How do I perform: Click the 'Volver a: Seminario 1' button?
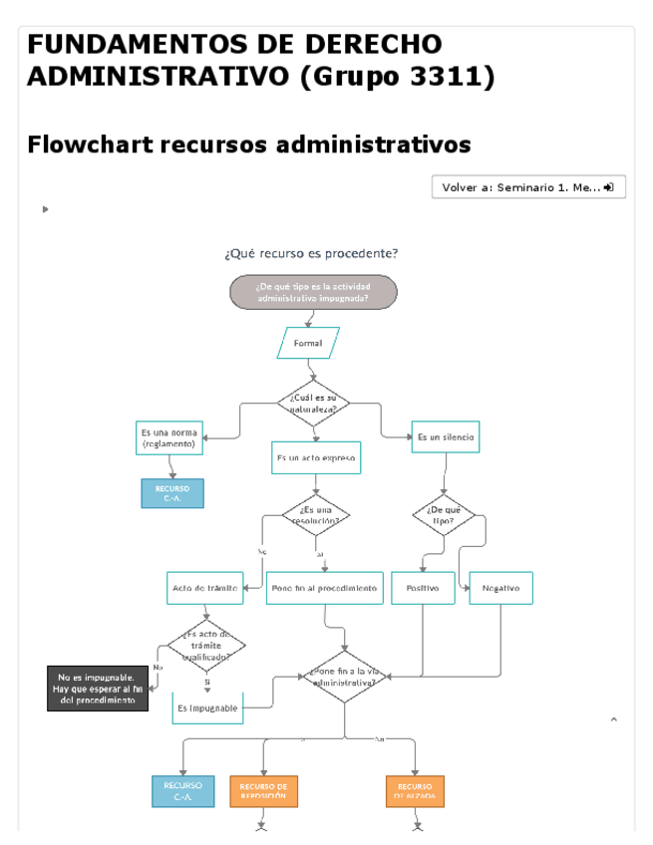click(x=528, y=187)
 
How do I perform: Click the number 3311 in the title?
click(x=446, y=76)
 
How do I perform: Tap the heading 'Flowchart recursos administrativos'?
click(x=249, y=144)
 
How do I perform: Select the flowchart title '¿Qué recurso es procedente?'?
click(x=311, y=253)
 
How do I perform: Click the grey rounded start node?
click(x=313, y=292)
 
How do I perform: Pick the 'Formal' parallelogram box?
click(x=308, y=343)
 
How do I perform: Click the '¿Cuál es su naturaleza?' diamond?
click(x=314, y=403)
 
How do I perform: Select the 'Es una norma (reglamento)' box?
click(x=168, y=437)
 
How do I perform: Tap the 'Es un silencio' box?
click(x=446, y=436)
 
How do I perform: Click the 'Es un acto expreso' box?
click(x=315, y=458)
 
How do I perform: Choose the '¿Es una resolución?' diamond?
click(x=315, y=514)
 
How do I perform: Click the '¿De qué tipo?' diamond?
click(x=444, y=515)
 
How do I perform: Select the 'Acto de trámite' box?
click(x=205, y=588)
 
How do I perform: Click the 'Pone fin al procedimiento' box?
click(x=325, y=588)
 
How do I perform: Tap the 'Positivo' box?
click(x=423, y=588)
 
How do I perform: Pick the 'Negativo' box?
click(x=500, y=588)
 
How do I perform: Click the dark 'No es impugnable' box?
click(x=98, y=689)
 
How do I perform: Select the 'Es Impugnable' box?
click(x=207, y=707)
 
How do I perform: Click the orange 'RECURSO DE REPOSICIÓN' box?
click(x=263, y=791)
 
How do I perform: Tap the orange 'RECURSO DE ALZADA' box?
click(x=414, y=791)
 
